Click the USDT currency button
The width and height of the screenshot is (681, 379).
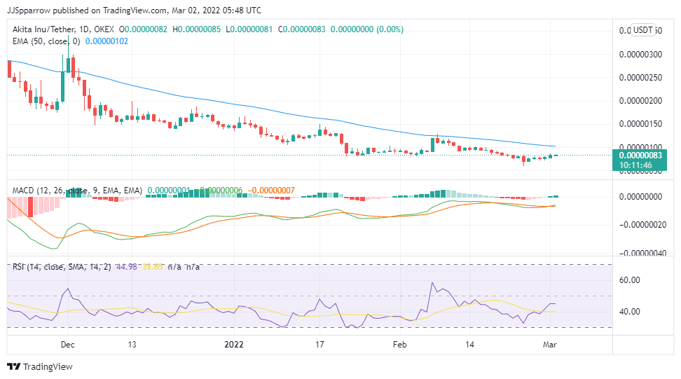pyautogui.click(x=642, y=30)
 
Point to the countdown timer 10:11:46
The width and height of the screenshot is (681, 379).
pyautogui.click(x=636, y=165)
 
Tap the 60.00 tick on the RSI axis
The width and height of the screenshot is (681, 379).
pyautogui.click(x=631, y=280)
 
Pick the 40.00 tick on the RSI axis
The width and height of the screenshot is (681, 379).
pyautogui.click(x=631, y=312)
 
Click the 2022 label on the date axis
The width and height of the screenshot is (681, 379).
pyautogui.click(x=233, y=345)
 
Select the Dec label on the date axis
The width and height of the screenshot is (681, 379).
pyautogui.click(x=67, y=345)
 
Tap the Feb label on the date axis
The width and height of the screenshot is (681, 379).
pyautogui.click(x=399, y=345)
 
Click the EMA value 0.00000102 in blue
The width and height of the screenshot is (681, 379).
pyautogui.click(x=106, y=41)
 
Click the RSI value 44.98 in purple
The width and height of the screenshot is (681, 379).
pyautogui.click(x=126, y=267)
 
